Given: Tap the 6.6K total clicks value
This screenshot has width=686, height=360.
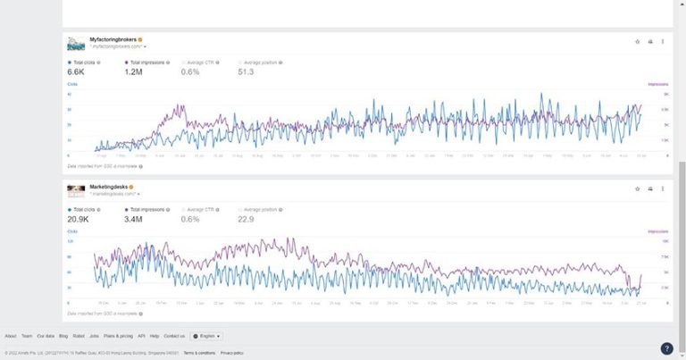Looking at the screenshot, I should pos(76,71).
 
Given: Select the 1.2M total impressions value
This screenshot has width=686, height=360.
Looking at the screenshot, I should pos(134,71).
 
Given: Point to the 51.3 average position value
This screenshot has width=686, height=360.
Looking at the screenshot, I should pos(246,71).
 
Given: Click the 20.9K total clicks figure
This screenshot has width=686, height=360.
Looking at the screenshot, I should pos(79,219).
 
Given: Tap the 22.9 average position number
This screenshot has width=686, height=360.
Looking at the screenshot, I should pos(246,219).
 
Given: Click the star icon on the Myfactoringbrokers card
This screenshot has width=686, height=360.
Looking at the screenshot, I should pos(637,41).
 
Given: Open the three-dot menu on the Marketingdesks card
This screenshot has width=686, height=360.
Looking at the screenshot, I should pos(663,188).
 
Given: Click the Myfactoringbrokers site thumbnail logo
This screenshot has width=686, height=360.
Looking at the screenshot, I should pos(76,42).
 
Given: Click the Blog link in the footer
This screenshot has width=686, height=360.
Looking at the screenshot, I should pos(63,336).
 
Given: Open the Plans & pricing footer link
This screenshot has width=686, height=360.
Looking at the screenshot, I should pos(118,336).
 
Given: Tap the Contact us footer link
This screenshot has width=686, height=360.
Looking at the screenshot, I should pos(174,336).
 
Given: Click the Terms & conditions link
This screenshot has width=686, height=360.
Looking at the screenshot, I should pos(199,353).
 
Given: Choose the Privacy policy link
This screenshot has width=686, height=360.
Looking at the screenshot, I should pos(232,353).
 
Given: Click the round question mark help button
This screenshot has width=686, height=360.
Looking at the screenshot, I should pos(666,348).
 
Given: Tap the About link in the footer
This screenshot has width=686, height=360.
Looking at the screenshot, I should pos(11,336).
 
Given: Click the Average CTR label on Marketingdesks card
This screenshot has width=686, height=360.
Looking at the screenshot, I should pos(202,210).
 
